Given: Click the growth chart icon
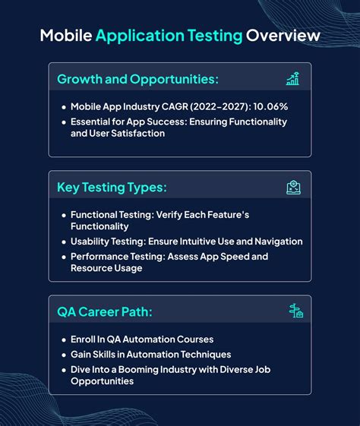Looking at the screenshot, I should (292, 79).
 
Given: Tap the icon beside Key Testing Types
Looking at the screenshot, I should (293, 187).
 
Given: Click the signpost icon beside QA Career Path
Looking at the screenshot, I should (295, 311).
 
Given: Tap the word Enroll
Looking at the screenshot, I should (85, 339).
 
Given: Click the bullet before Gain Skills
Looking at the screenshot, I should (63, 355).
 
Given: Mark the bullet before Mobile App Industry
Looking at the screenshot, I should (63, 108).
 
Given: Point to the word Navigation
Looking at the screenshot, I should (276, 241).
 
